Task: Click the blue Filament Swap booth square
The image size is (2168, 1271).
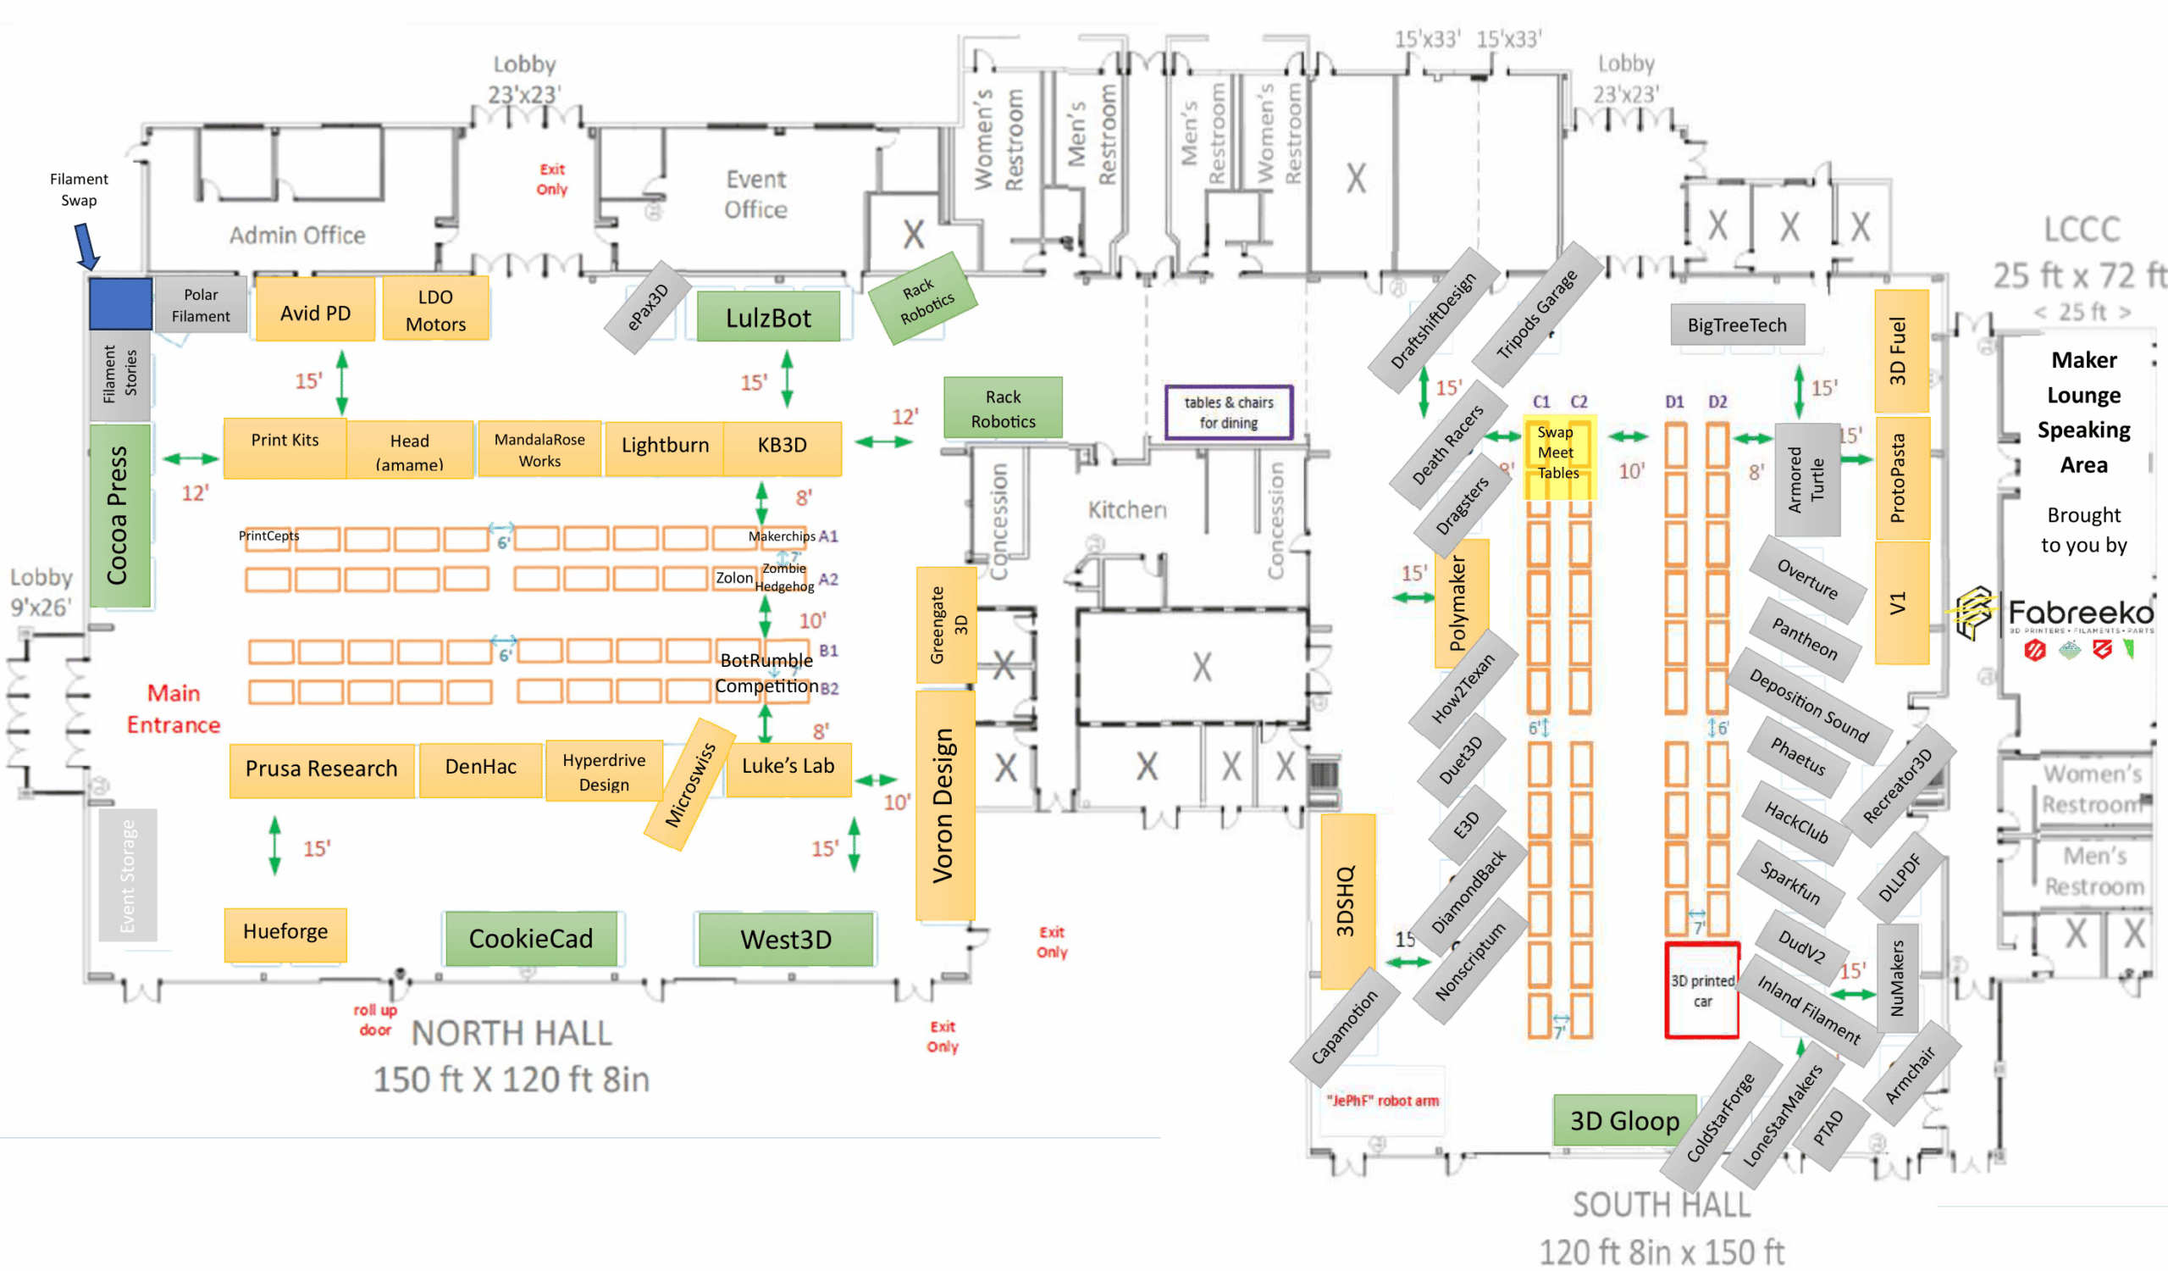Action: point(120,302)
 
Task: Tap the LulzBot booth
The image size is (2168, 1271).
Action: point(767,318)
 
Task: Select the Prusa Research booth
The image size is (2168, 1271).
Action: point(321,769)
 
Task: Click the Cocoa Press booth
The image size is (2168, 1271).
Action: point(119,514)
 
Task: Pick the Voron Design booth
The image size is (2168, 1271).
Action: point(944,805)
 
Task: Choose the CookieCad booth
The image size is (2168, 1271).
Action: point(531,938)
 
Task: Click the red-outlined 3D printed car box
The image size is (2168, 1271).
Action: point(1701,991)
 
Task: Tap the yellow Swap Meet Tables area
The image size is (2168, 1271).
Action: point(1559,456)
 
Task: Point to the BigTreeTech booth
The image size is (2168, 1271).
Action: point(1736,325)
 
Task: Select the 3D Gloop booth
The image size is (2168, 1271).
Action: point(1624,1120)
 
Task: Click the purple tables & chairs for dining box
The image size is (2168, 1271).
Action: point(1228,412)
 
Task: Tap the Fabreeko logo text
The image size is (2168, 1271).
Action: point(2080,613)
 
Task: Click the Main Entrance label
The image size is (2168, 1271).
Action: point(174,709)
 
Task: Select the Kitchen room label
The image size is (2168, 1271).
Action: point(1127,510)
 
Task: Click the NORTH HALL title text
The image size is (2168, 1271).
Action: point(511,1034)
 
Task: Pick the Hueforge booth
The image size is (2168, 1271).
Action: point(285,932)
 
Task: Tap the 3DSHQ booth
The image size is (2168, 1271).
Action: point(1347,900)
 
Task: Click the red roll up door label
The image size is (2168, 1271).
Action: point(375,1019)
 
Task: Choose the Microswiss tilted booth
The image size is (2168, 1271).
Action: point(690,785)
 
